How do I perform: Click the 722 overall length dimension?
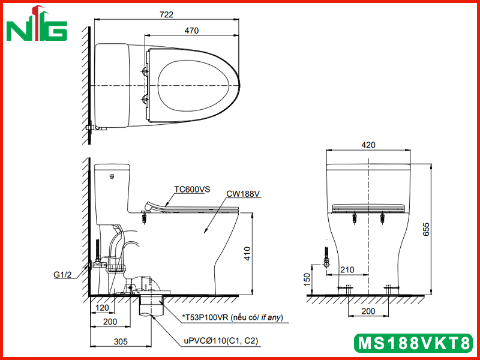[167, 14]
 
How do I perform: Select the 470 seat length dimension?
[191, 31]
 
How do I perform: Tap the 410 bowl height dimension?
[247, 253]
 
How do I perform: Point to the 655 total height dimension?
[426, 229]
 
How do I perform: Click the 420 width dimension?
[368, 145]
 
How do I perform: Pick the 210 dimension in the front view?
[347, 269]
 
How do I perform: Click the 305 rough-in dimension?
[121, 341]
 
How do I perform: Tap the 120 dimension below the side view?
[102, 308]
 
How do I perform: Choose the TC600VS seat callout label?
[192, 190]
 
